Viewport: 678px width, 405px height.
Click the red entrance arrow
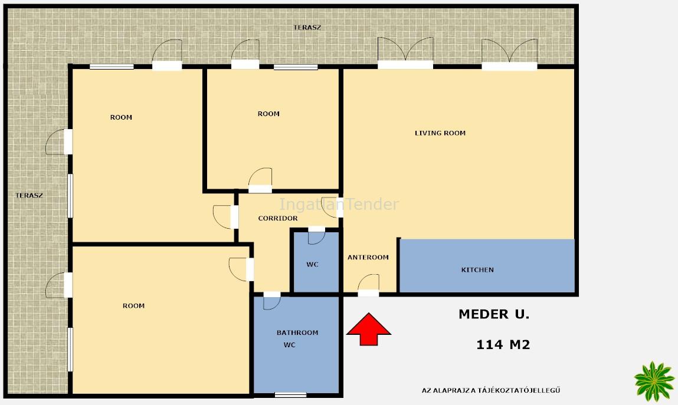[368, 329]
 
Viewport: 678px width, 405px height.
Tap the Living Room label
[440, 133]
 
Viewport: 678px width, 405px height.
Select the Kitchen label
[477, 270]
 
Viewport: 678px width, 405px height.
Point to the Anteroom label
[368, 258]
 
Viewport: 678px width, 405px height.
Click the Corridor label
[277, 219]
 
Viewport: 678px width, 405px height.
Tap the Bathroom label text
[297, 332]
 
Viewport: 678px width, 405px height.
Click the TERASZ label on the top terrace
[307, 28]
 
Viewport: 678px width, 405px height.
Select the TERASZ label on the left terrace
[29, 196]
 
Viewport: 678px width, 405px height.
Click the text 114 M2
[503, 344]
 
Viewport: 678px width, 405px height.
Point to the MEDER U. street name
[494, 314]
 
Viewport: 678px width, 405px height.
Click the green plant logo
[654, 381]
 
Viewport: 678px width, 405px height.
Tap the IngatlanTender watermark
[339, 204]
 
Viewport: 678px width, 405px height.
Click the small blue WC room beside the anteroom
[316, 262]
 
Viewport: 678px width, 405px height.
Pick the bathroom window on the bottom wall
[290, 394]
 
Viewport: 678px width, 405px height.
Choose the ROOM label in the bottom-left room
[133, 306]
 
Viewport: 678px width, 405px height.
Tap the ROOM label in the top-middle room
[268, 114]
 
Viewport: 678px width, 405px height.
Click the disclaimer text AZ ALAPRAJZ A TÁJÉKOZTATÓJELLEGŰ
[491, 390]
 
